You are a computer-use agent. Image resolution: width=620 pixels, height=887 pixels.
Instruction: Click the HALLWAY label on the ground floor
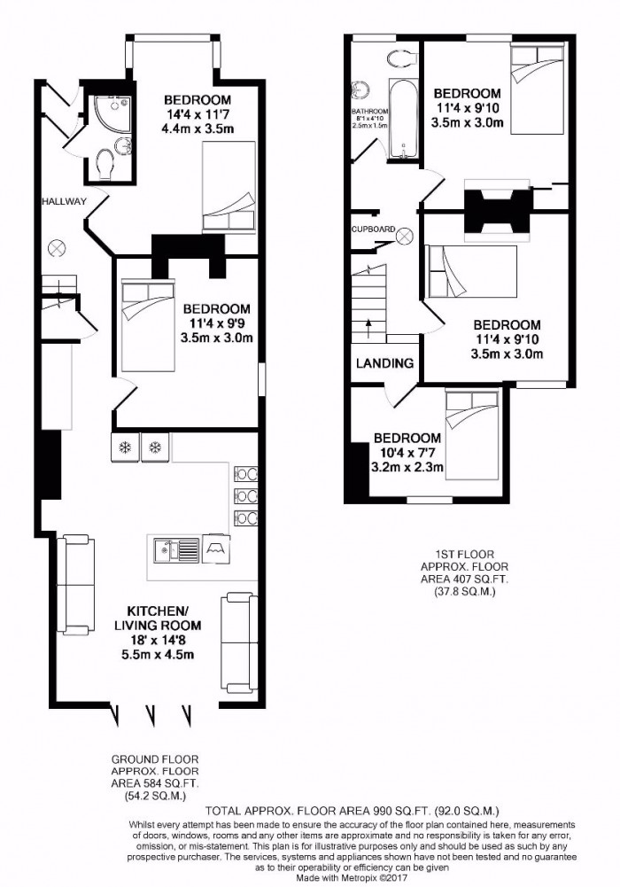pos(64,202)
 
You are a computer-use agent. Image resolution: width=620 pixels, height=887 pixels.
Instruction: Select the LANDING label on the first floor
pos(385,363)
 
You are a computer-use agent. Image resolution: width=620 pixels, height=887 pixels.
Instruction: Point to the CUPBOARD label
pos(372,229)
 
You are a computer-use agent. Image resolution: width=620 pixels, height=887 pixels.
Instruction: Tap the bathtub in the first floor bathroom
pos(403,119)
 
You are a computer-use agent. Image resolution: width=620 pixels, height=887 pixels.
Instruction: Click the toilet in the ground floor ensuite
pos(105,162)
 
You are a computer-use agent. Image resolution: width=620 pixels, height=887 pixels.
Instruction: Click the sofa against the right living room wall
pos(238,642)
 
